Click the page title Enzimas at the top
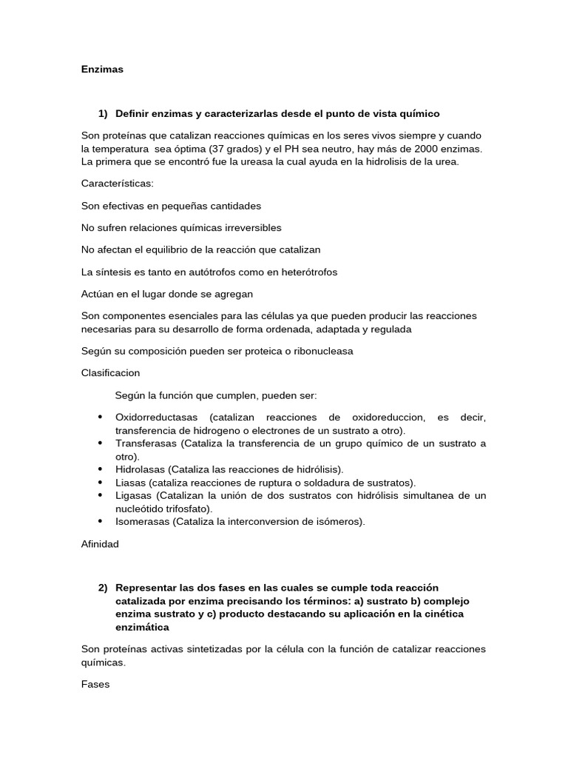102,70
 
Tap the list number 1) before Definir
103,113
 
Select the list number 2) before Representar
103,587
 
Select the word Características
117,183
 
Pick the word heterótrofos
305,272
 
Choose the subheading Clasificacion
110,372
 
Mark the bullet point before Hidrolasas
100,469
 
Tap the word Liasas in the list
130,482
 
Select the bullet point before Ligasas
100,494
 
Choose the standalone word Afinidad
100,544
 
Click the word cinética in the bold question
430,614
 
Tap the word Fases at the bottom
95,685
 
